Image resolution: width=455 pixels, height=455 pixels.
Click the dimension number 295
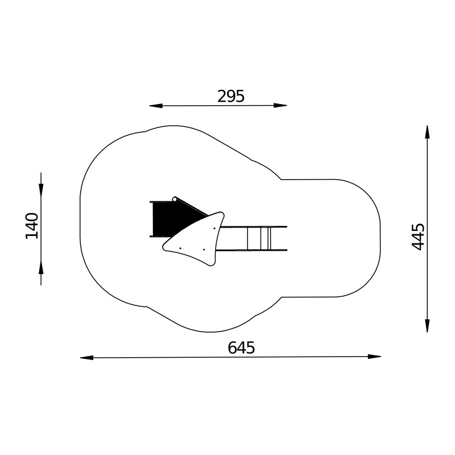231,96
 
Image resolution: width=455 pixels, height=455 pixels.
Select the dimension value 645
241,348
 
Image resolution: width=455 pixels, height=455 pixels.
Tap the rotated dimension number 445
418,237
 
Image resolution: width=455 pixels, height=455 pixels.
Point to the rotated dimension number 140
32,226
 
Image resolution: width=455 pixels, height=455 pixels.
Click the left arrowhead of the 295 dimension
156,106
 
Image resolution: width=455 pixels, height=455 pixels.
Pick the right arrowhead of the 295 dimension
280,106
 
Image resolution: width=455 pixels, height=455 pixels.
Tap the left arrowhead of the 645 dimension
87,358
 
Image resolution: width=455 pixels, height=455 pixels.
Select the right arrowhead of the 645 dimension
374,357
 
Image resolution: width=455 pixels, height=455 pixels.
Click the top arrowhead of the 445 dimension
427,132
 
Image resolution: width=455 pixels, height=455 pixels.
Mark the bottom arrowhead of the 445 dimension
427,325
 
